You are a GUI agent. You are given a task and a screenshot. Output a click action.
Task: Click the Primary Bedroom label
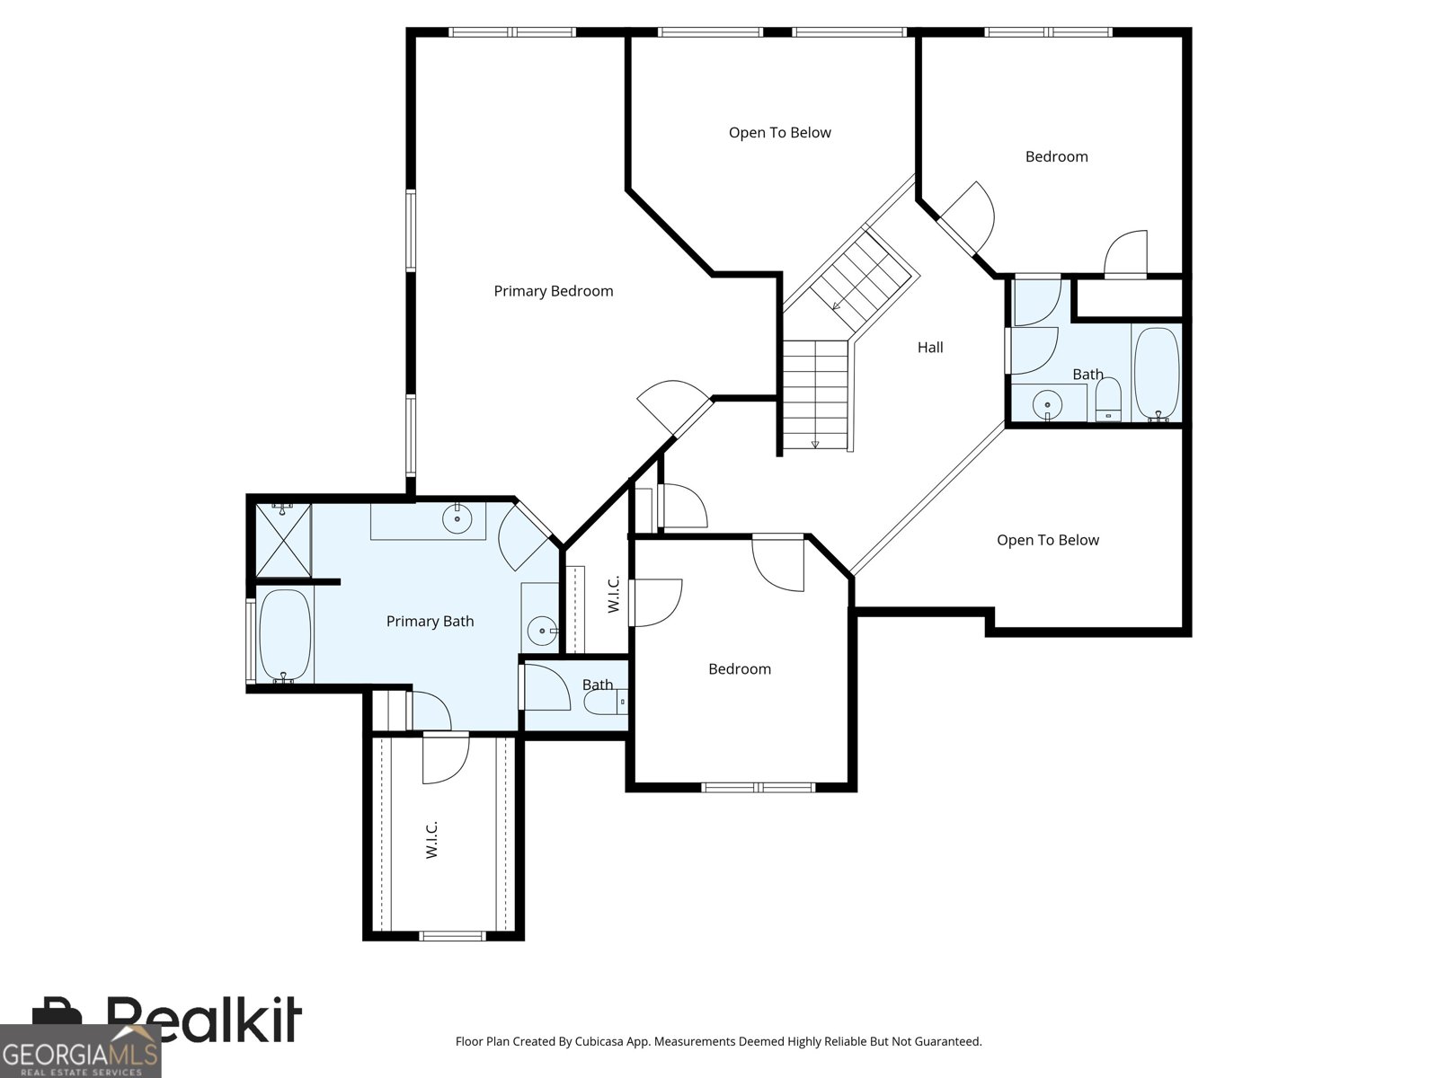tap(554, 291)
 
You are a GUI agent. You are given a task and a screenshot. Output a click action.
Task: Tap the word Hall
tap(930, 348)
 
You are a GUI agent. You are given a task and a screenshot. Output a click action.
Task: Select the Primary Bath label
tap(430, 622)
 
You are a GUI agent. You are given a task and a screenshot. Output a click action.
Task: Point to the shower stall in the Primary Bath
tap(283, 540)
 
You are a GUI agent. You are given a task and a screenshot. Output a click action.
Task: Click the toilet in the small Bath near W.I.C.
tap(607, 702)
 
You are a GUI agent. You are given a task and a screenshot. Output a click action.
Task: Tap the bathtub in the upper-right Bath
tap(1156, 374)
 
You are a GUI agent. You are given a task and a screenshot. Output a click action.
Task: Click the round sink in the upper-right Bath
tap(1047, 406)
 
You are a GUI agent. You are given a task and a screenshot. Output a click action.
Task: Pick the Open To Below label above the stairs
tap(779, 133)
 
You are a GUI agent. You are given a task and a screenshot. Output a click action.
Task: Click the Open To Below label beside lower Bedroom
tap(1047, 540)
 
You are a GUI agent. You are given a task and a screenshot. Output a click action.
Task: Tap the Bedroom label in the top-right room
tap(1056, 156)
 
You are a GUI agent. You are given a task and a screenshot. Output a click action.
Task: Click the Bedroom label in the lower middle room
tap(739, 669)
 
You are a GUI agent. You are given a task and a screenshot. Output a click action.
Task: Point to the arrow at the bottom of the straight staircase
tap(815, 443)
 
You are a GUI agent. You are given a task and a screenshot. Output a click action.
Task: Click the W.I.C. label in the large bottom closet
tap(432, 839)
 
